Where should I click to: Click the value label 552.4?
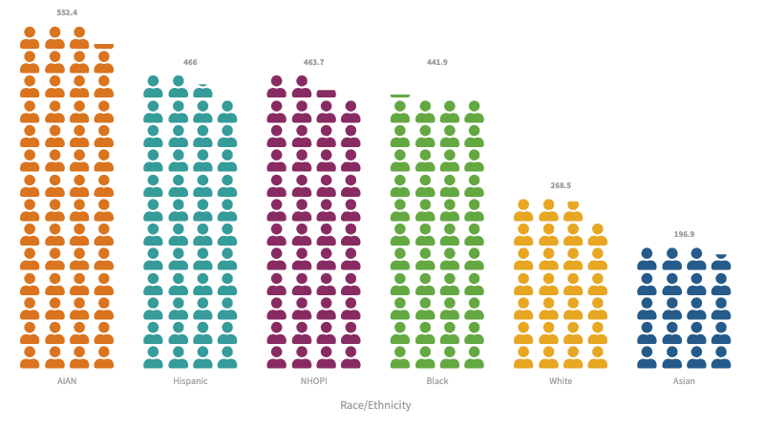click(x=67, y=12)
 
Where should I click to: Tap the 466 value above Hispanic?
click(x=190, y=62)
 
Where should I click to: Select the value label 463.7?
click(x=313, y=62)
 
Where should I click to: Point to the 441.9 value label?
click(x=436, y=62)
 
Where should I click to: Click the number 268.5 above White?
click(x=561, y=185)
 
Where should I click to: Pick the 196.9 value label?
click(x=684, y=234)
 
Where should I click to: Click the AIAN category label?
click(x=67, y=381)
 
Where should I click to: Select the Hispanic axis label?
click(x=190, y=381)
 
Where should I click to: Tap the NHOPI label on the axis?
click(x=313, y=381)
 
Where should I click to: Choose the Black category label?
click(x=436, y=381)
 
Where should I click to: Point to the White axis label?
click(x=561, y=381)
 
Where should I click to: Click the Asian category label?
click(x=684, y=381)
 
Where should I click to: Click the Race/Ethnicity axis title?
click(x=375, y=405)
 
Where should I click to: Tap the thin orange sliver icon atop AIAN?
click(x=103, y=46)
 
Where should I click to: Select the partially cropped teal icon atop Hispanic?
click(x=202, y=86)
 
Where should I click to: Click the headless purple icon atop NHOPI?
click(x=326, y=94)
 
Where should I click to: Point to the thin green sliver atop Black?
click(x=400, y=96)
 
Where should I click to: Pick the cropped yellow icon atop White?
click(x=573, y=204)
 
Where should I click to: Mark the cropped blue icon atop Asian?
click(x=721, y=256)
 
